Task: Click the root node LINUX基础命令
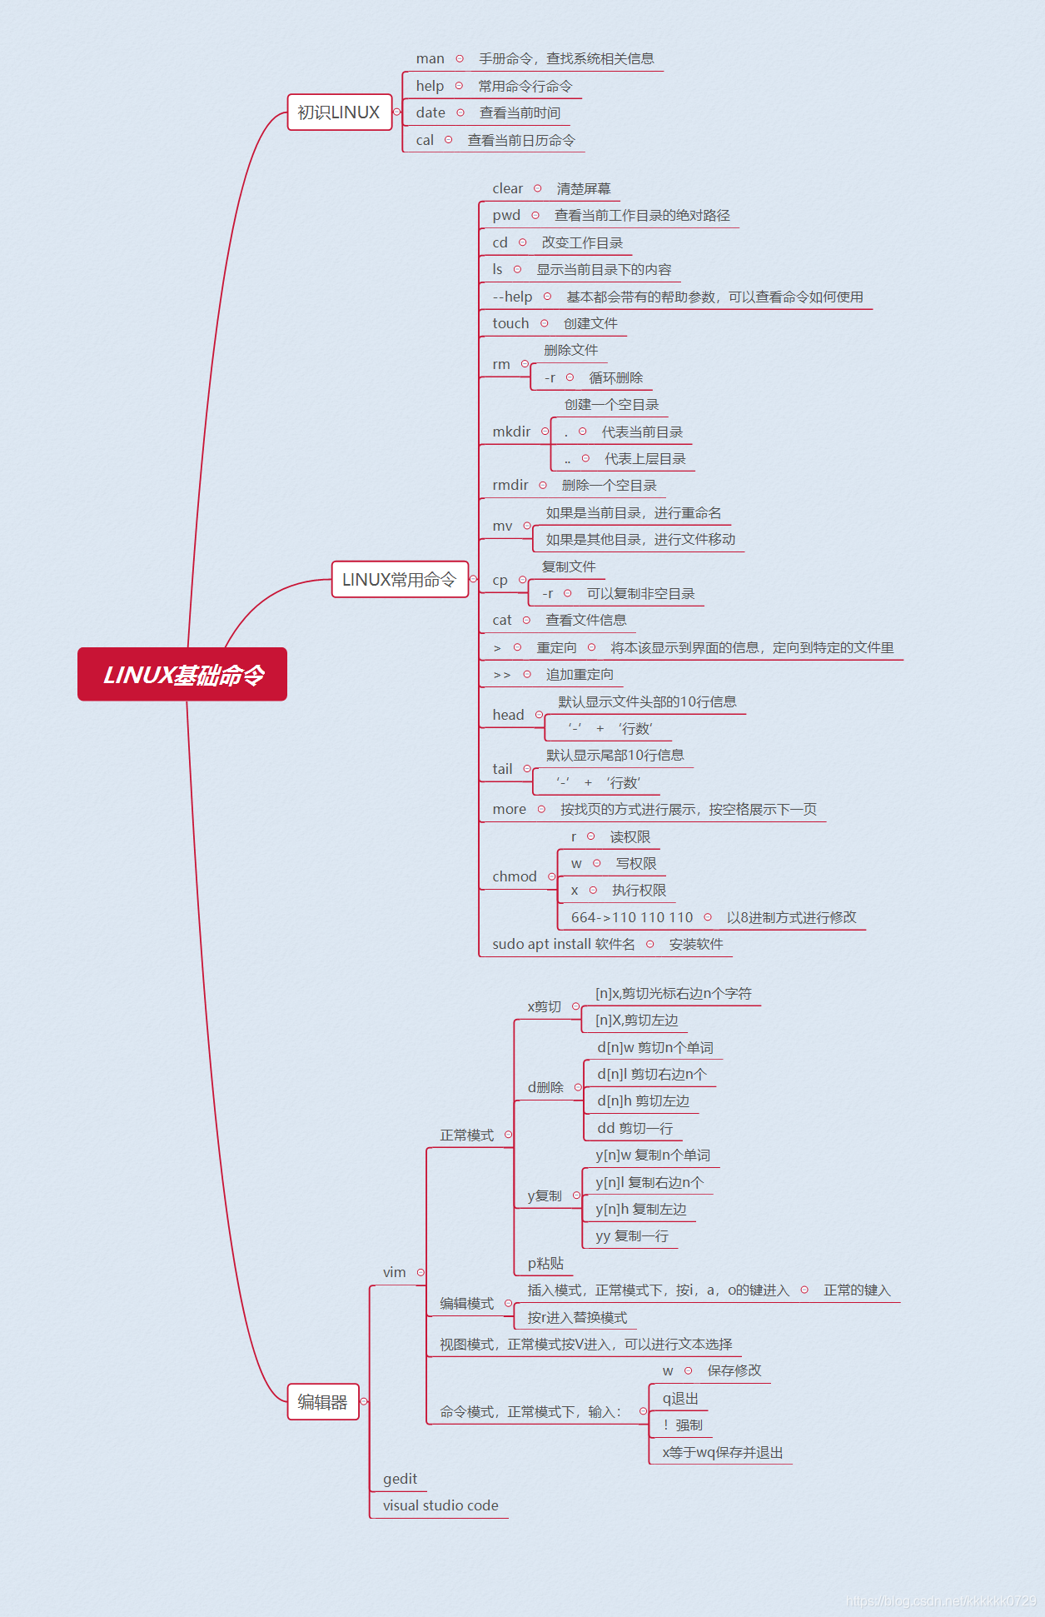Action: coord(182,674)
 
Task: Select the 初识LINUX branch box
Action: coord(339,112)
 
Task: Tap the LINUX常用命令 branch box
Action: coord(399,580)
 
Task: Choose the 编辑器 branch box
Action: coord(322,1402)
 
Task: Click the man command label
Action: coord(430,58)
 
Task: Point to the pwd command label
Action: coord(505,215)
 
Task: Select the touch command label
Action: coord(510,323)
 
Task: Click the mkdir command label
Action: coord(510,432)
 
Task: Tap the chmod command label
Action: coord(514,876)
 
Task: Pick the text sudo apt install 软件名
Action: coord(563,944)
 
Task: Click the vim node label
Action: coord(394,1272)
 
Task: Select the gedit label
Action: coord(400,1479)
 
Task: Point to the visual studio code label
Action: coord(440,1505)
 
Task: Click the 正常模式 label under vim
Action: coord(466,1135)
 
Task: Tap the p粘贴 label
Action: coord(545,1263)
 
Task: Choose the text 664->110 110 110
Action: coord(631,917)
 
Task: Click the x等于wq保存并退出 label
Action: coord(722,1452)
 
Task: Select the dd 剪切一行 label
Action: coord(634,1128)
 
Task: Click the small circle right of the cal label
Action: coord(448,140)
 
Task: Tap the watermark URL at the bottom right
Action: coord(940,1601)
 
